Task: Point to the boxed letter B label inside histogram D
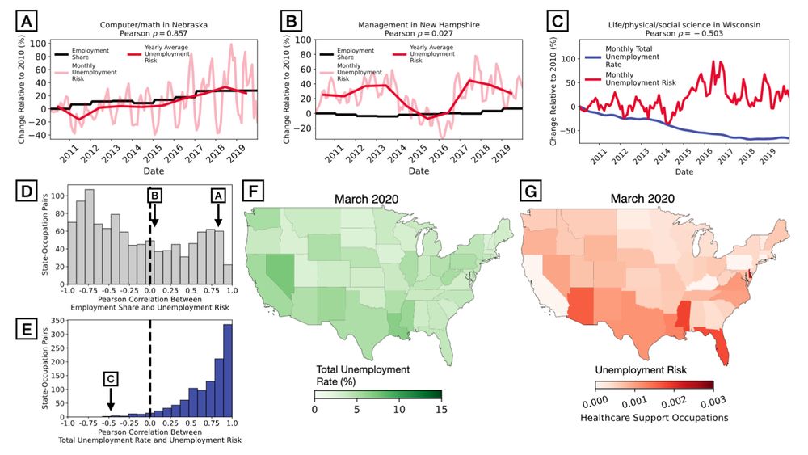point(155,196)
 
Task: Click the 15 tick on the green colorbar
point(440,409)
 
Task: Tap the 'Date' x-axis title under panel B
point(419,171)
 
